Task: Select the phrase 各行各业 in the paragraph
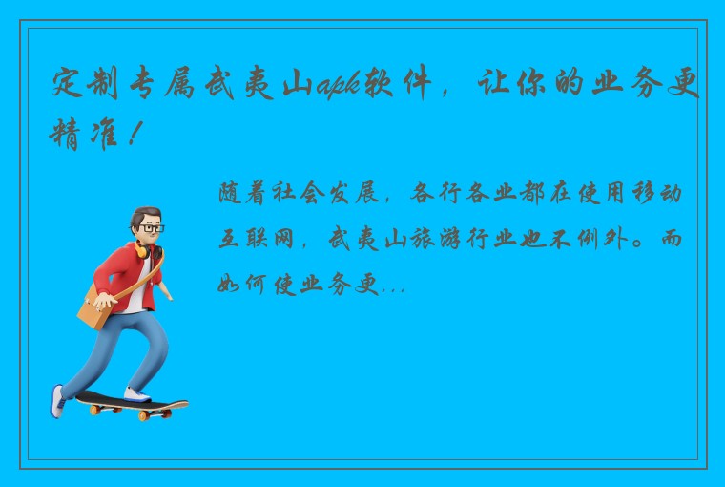tap(466, 195)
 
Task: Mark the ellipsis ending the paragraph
tap(393, 285)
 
